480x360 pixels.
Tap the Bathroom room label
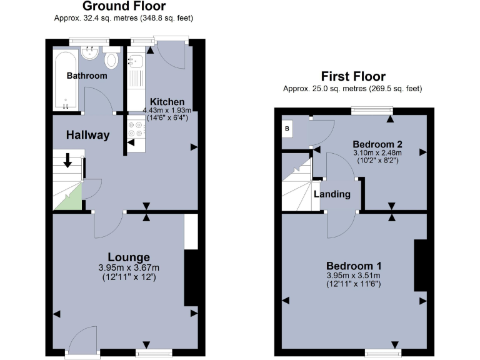coord(87,76)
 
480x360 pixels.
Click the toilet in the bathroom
coord(112,60)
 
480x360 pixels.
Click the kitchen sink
coord(135,61)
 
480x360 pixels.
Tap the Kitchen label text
coord(167,102)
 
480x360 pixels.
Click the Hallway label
coord(88,134)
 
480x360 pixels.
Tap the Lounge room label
coord(129,257)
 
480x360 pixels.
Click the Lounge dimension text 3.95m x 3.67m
coord(129,267)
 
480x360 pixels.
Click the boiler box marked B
coord(287,129)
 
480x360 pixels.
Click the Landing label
coord(332,194)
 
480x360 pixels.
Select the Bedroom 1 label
coord(353,265)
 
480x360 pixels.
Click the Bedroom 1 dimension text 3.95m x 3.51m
coord(353,276)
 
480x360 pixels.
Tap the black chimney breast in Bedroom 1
coord(420,265)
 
